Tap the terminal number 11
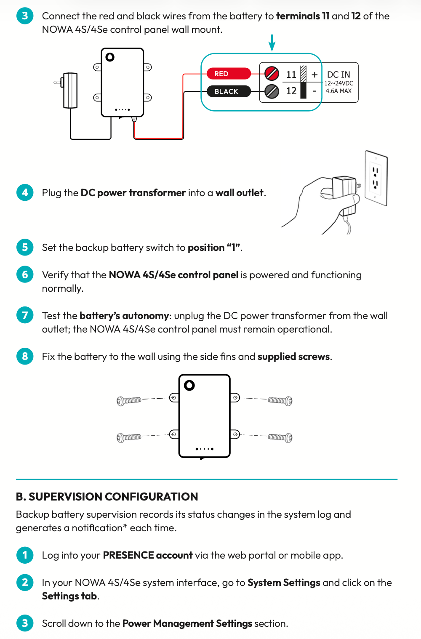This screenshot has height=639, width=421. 291,75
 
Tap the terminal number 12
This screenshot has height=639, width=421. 291,91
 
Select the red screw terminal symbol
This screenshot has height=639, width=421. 272,74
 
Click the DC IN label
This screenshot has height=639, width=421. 338,75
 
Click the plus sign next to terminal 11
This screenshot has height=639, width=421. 314,75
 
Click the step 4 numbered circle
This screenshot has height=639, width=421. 25,192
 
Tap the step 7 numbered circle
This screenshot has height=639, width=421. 25,315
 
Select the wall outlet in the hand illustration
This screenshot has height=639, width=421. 376,178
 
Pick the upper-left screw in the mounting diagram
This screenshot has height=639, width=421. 129,400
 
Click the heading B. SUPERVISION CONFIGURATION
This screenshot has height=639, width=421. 107,497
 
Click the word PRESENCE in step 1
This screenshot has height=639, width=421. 128,555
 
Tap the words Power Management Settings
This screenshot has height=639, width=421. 187,623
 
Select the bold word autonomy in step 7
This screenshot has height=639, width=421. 145,316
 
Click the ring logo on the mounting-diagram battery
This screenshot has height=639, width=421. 189,385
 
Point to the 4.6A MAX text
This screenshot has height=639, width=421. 338,91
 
